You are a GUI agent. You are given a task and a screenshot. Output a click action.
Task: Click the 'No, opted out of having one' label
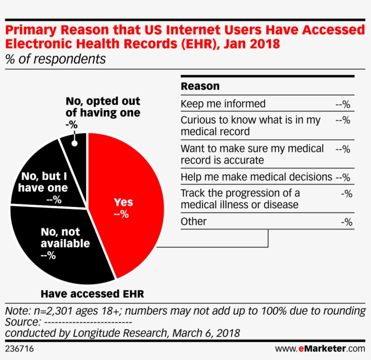coord(103,107)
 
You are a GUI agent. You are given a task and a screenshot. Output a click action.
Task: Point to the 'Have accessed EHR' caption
coord(92,294)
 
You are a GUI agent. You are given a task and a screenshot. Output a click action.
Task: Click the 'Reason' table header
coord(200,86)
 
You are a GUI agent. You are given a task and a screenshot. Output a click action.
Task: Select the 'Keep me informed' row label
coord(223,104)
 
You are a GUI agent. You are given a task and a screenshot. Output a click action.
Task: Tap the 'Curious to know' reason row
coord(250,125)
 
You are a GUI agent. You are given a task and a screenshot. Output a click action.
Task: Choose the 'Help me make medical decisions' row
coord(256,177)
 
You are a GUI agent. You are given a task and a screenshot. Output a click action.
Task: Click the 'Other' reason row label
coord(194,221)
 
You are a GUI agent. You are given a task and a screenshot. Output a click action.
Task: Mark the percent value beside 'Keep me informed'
coord(343,104)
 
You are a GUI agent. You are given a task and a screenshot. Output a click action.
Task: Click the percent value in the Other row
coord(346,222)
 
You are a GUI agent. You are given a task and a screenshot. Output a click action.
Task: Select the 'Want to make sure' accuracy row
coord(252,154)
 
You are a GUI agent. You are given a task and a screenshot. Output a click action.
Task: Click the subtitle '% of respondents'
coord(56,59)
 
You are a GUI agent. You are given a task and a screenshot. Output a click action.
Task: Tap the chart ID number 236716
coord(19,349)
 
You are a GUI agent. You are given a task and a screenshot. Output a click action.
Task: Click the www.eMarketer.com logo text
coord(320,349)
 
